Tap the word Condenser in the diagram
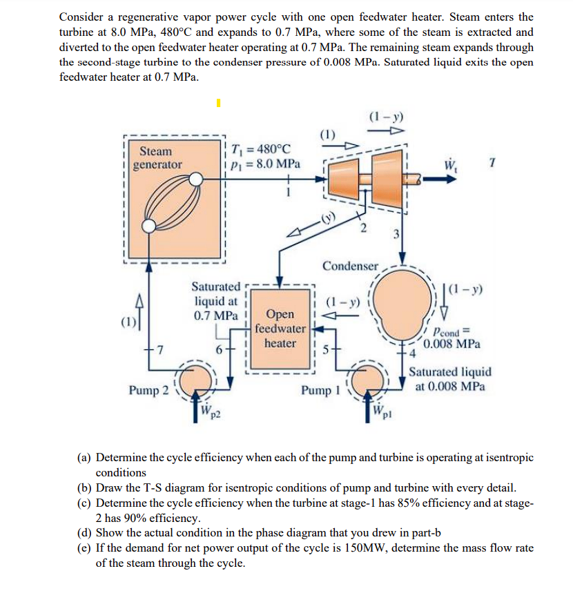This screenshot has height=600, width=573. click(350, 266)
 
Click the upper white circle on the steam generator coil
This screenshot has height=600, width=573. click(197, 180)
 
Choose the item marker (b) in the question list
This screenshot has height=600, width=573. click(84, 487)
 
